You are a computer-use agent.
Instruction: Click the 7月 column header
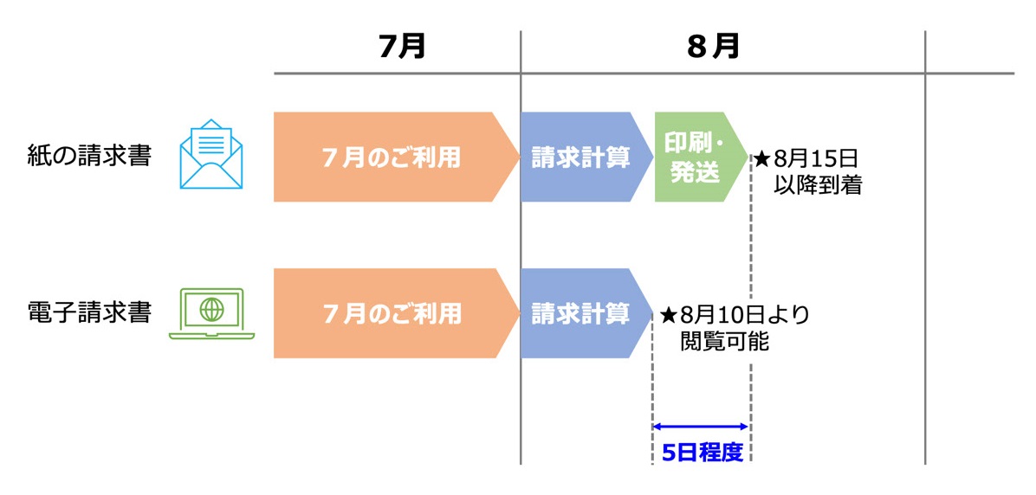402,46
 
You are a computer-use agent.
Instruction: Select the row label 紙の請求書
89,157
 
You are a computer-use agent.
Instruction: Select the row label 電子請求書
89,312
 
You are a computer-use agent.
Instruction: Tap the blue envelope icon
210,156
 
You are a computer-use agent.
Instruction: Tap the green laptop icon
211,313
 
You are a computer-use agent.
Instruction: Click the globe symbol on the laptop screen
211,309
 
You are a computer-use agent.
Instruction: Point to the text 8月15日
815,159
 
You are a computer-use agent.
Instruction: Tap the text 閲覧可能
724,341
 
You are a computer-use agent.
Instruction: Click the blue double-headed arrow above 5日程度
701,426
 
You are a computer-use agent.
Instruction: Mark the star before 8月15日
761,159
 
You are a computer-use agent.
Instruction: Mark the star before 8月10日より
668,315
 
